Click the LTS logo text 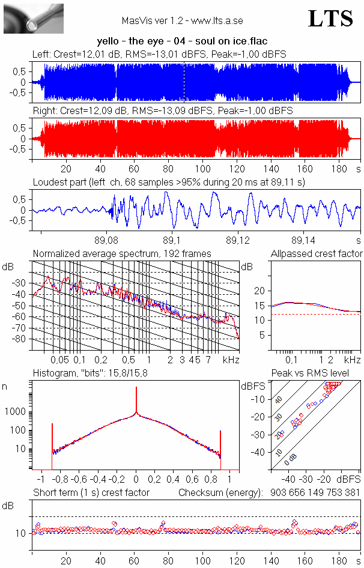330,19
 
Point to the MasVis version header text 182,20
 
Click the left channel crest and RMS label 159,54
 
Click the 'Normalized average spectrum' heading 122,254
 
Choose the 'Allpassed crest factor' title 317,254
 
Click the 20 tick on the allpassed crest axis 259,291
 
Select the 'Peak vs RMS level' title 318,373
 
